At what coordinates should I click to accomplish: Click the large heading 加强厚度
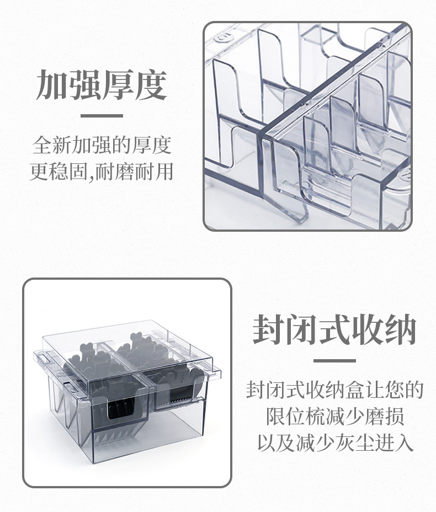coord(102,84)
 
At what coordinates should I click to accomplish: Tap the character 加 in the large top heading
coord(52,84)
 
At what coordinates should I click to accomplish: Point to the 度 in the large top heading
coord(151,84)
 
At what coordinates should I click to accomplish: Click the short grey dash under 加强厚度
coord(102,116)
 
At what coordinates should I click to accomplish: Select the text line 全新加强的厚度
coord(102,145)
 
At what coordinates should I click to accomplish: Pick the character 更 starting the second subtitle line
coord(40,172)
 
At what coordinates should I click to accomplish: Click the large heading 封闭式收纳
coord(334,329)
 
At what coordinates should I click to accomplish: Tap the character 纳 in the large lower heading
coord(400,329)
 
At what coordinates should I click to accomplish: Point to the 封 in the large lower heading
coord(269,329)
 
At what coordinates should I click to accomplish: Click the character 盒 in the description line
coord(355,390)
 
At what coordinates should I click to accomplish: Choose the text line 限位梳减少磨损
coord(335,417)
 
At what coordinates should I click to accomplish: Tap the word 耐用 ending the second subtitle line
coord(153,172)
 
